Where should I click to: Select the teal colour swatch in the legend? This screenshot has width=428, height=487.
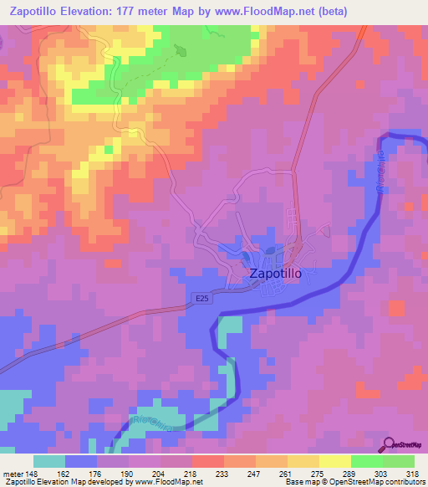[49, 460]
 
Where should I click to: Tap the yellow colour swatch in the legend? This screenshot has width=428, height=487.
[335, 460]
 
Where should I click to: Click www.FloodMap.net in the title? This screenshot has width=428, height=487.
[275, 12]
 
